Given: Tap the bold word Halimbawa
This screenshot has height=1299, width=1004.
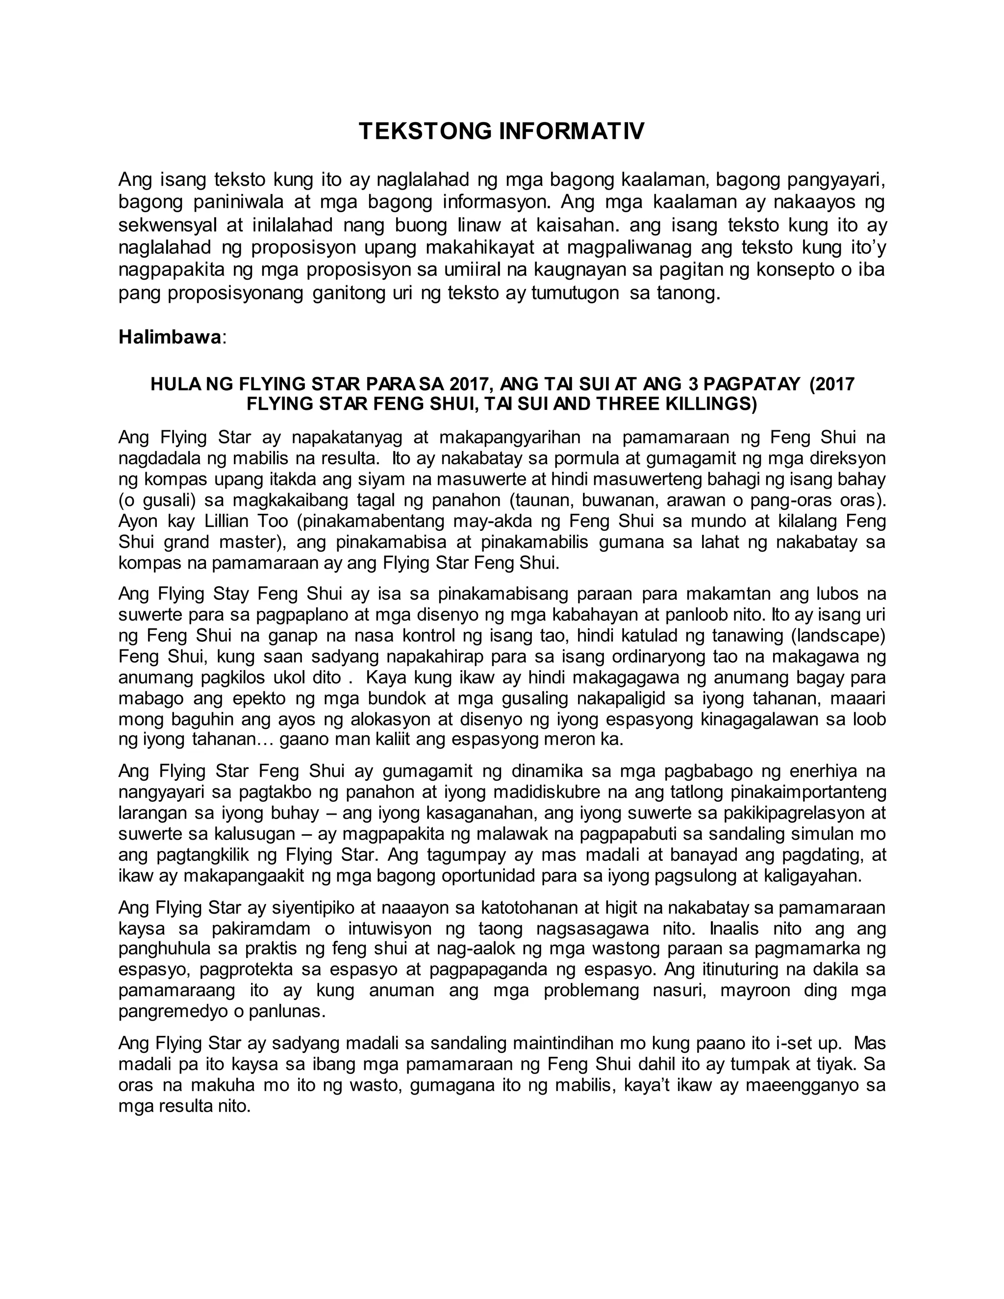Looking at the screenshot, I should (170, 337).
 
